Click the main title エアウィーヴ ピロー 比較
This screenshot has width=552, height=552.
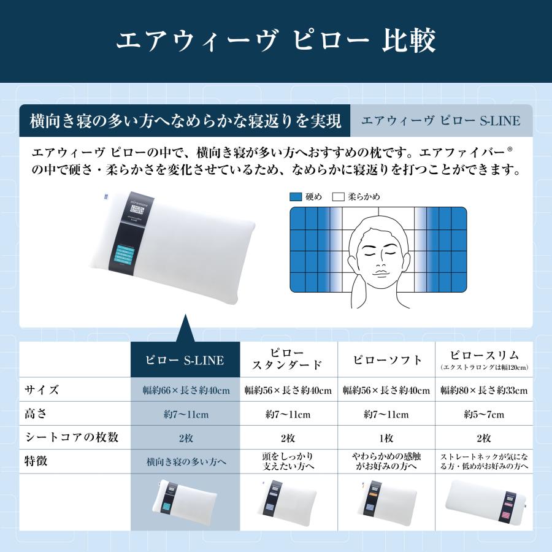tap(276, 41)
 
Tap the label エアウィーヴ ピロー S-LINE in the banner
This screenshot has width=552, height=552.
tap(440, 120)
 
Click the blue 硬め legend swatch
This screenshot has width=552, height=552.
tap(295, 197)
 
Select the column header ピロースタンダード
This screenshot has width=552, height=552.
tap(288, 359)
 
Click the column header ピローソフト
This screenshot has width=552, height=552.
tap(386, 360)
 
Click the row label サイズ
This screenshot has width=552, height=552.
tap(42, 390)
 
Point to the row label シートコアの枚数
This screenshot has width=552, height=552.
tap(71, 438)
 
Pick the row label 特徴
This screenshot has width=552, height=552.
tap(36, 462)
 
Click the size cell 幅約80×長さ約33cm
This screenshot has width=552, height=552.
tap(484, 391)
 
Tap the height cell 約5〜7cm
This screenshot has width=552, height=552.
tap(484, 415)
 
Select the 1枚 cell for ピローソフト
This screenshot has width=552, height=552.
tap(386, 439)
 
